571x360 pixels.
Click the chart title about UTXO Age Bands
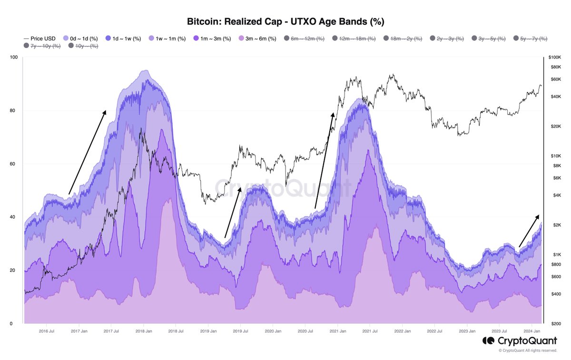[285, 21]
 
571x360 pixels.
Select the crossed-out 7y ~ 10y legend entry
[44, 46]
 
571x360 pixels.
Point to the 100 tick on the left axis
[13, 58]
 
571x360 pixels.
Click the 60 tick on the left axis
[14, 164]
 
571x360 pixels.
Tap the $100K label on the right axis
[555, 57]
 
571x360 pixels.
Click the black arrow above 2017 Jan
[87, 152]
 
